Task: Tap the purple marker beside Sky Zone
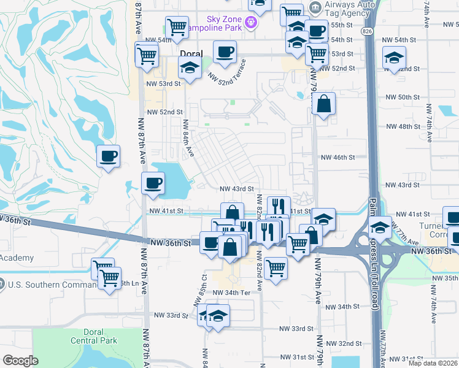250,23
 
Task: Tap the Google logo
20,361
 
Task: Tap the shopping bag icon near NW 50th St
323,104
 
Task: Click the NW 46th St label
338,158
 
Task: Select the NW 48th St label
402,126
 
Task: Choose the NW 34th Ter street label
232,293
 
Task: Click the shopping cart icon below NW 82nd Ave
276,267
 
